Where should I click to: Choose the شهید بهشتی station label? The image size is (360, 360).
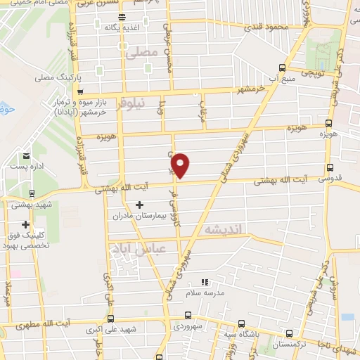click(26, 204)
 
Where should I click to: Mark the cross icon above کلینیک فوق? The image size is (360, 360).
click(26, 225)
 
